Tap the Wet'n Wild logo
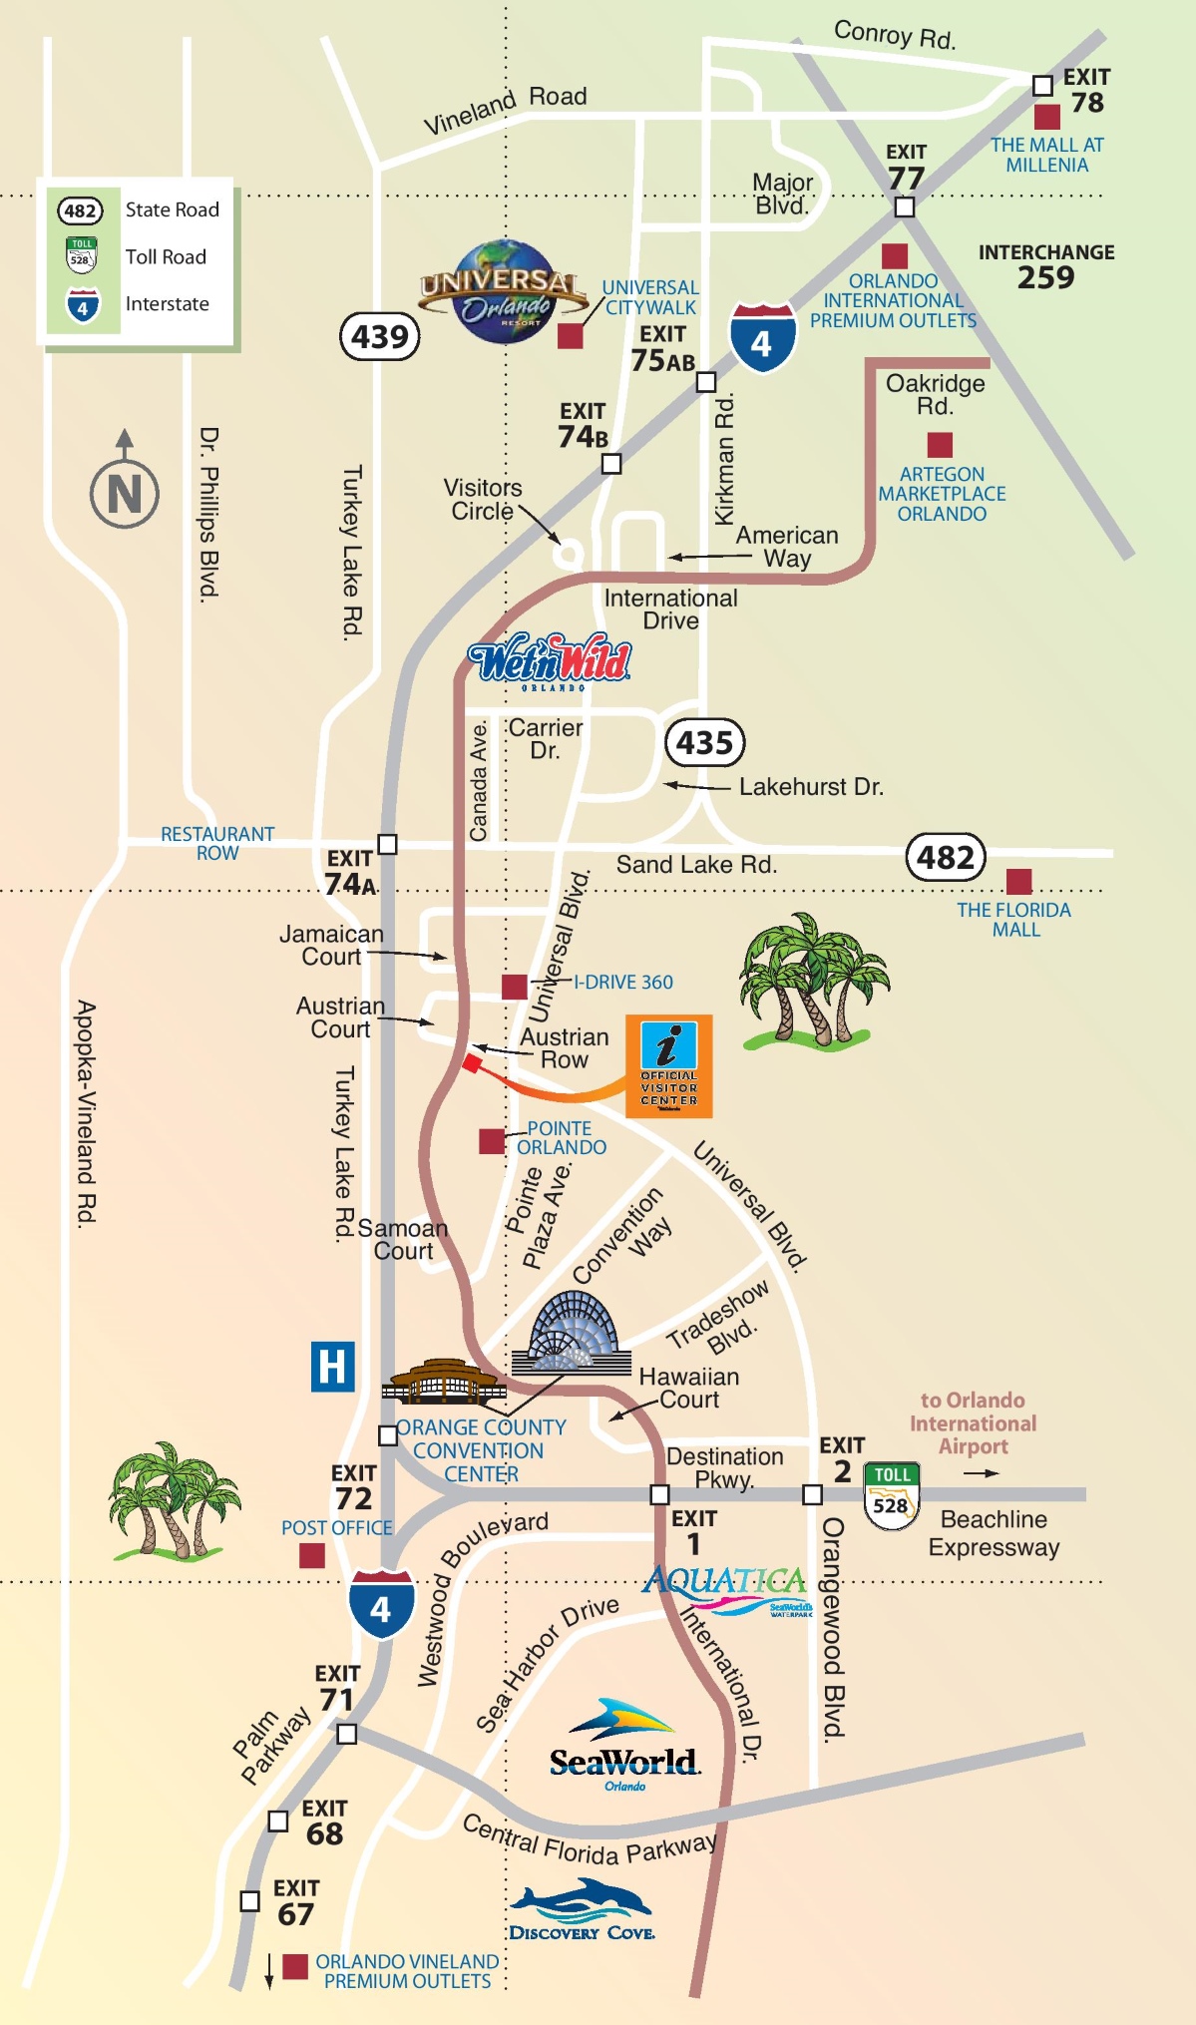551,660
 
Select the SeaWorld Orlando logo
624,1747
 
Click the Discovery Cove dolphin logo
582,1908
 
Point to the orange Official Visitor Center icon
668,1065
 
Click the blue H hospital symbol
332,1366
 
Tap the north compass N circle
125,493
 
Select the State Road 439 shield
380,337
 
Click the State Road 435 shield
704,742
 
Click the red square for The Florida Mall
1018,881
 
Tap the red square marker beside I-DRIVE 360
514,987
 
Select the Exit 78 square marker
1042,86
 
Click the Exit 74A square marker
387,844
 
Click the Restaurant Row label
217,843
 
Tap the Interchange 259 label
1045,266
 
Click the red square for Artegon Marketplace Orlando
939,444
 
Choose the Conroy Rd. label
894,35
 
